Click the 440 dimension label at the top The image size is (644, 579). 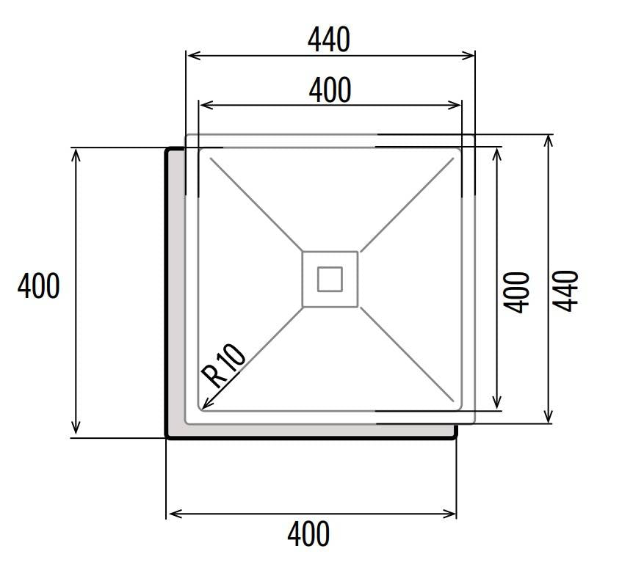tap(329, 40)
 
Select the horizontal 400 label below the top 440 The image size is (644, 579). tap(330, 90)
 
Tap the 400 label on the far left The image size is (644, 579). tap(39, 286)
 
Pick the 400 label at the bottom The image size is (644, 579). tap(308, 534)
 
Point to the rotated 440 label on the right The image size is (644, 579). tap(565, 291)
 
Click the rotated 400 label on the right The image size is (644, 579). tap(517, 292)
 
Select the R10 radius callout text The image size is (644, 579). tap(224, 365)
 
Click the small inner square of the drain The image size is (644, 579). tap(330, 279)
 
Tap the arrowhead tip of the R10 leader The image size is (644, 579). tap(203, 409)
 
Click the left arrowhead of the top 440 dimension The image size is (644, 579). tap(188, 55)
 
